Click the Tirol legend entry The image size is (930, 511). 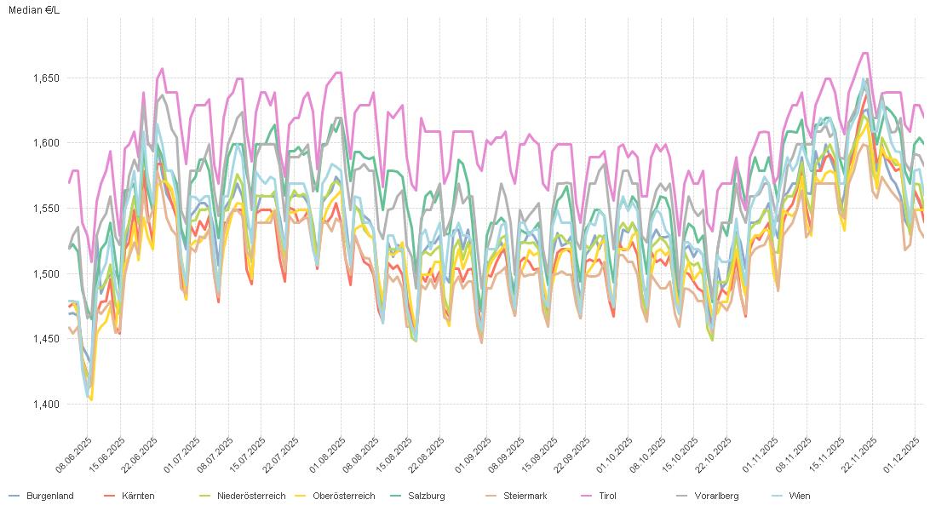[607, 496]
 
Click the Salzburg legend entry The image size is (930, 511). [426, 496]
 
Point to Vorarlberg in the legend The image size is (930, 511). [716, 496]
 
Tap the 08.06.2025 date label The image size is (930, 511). [74, 456]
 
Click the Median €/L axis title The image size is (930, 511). [35, 9]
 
